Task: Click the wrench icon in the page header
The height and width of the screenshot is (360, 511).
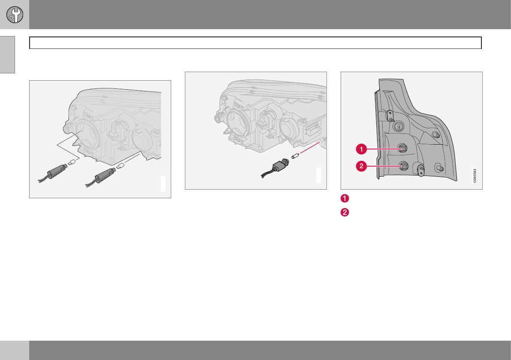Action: coord(15,15)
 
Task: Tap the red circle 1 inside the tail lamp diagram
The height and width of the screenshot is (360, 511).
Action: coord(361,149)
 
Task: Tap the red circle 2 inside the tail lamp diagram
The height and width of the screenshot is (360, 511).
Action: coord(361,166)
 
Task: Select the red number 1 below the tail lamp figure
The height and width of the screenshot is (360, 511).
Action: coord(345,198)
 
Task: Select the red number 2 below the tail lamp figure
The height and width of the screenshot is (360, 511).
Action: coord(345,212)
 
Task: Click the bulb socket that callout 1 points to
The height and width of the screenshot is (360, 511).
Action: coord(402,148)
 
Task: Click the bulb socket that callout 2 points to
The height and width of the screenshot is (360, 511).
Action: coord(403,166)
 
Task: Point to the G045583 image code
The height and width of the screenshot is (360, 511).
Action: coord(475,175)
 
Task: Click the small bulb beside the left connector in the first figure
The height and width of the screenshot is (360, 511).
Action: coord(72,161)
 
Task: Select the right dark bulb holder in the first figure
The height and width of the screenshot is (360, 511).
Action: coord(100,177)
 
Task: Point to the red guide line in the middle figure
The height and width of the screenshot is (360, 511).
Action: coord(310,147)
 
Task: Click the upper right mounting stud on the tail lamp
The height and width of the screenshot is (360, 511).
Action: coord(436,135)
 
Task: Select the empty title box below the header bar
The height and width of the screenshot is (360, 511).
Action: coord(256,42)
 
